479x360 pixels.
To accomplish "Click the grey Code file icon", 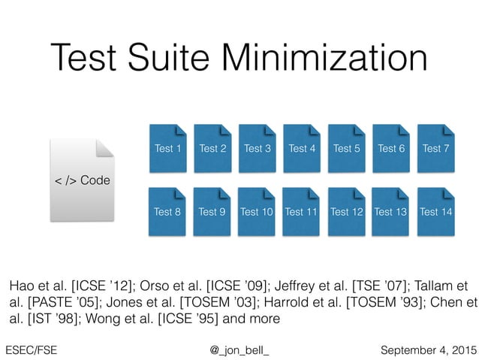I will click(x=83, y=180).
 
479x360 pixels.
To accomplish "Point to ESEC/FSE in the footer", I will click(x=31, y=349).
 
